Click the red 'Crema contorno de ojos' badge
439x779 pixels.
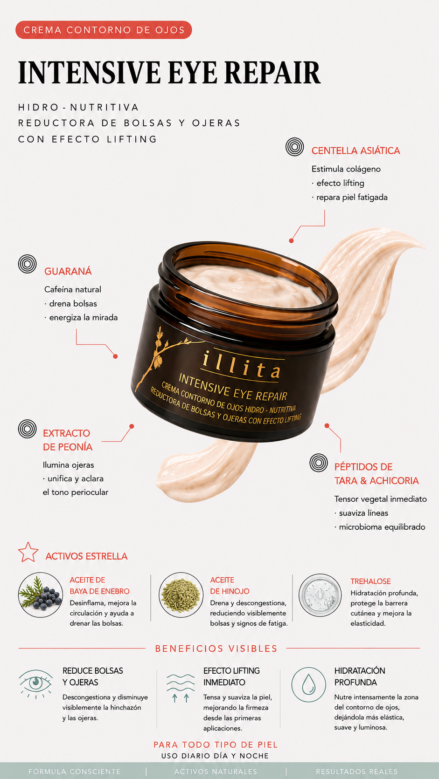[104, 30]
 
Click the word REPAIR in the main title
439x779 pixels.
[272, 73]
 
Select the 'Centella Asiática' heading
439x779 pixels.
[355, 150]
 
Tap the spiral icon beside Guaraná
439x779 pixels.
[27, 264]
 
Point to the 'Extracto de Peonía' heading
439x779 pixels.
[68, 440]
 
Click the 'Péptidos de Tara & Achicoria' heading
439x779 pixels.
[376, 474]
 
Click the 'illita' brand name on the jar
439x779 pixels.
[241, 365]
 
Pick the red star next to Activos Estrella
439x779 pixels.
[28, 552]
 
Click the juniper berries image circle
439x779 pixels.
[41, 594]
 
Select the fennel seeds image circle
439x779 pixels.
[181, 594]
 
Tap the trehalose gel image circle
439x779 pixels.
[320, 594]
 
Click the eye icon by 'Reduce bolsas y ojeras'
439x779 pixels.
[35, 683]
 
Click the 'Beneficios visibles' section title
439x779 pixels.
[216, 649]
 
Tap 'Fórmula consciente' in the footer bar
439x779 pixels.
[75, 772]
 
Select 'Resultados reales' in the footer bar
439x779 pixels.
[357, 772]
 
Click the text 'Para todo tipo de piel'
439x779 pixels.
[216, 745]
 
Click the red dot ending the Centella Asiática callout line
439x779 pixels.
[292, 241]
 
